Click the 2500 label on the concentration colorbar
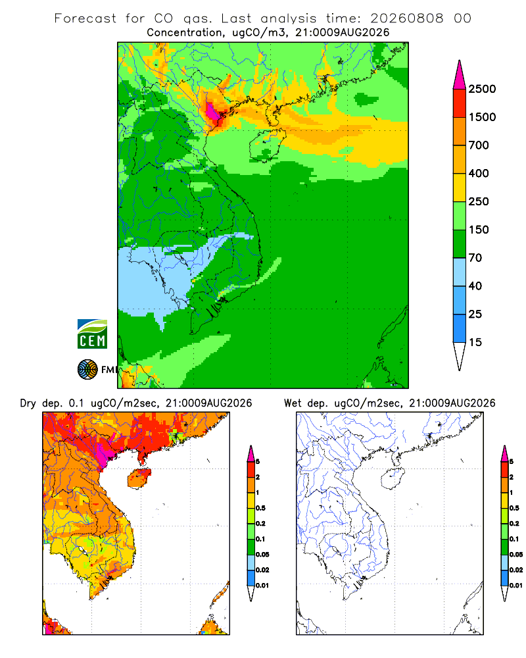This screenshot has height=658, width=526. point(482,89)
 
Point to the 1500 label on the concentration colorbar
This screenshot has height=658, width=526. point(482,117)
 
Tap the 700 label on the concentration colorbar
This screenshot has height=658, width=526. point(479,145)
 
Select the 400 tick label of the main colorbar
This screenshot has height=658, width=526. point(479,173)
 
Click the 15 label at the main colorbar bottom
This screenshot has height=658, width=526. point(475,342)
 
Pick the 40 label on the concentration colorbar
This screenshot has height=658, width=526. point(475,286)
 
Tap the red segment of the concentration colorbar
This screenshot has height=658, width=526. point(460,103)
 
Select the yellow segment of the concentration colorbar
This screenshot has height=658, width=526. point(460,188)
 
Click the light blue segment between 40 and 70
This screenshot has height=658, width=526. point(460,272)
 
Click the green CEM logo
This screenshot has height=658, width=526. point(92,334)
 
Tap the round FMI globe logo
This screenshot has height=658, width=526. point(87,370)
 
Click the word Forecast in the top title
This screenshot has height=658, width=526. point(85,18)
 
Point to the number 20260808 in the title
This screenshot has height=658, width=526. point(406,18)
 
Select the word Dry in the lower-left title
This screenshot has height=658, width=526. point(28,403)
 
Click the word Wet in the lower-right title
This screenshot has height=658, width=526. point(293,403)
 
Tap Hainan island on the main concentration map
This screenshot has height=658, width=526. point(267,145)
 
